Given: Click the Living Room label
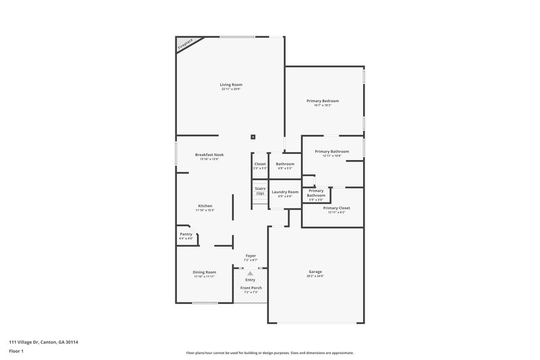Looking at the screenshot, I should [231, 84].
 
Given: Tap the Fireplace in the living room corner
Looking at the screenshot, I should [186, 44].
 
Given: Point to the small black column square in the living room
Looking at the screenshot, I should [253, 136].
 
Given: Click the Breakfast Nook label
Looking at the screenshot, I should [209, 155].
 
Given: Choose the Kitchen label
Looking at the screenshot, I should [205, 205].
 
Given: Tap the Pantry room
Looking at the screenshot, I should [186, 234].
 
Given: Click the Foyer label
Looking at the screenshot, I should [250, 255].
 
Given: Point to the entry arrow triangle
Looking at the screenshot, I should [250, 273].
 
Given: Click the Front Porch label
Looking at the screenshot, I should [251, 288].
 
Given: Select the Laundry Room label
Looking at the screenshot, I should [285, 192].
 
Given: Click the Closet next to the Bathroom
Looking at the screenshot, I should [260, 164].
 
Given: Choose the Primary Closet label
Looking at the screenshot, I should [335, 208].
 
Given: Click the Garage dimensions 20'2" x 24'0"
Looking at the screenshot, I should [316, 276].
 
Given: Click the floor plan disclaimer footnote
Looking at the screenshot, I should [270, 353].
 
